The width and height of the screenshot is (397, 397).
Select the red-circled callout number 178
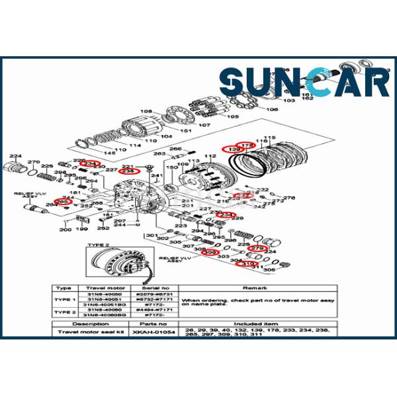pos(246,145)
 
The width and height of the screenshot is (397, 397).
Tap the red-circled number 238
pos(130,171)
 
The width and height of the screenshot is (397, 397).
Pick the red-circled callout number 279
pos(256,249)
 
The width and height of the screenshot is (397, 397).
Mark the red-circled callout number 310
pos(248,264)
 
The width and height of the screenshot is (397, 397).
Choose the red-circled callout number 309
pos(210,253)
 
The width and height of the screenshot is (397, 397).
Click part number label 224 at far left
pos(15,156)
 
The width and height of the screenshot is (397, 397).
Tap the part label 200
pos(65,230)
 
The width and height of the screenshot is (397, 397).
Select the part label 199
pos(81,229)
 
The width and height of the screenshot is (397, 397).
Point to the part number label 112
pos(211,156)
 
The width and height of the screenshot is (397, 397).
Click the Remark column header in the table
pos(255,288)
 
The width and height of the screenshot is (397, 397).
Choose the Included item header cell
pos(255,324)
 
